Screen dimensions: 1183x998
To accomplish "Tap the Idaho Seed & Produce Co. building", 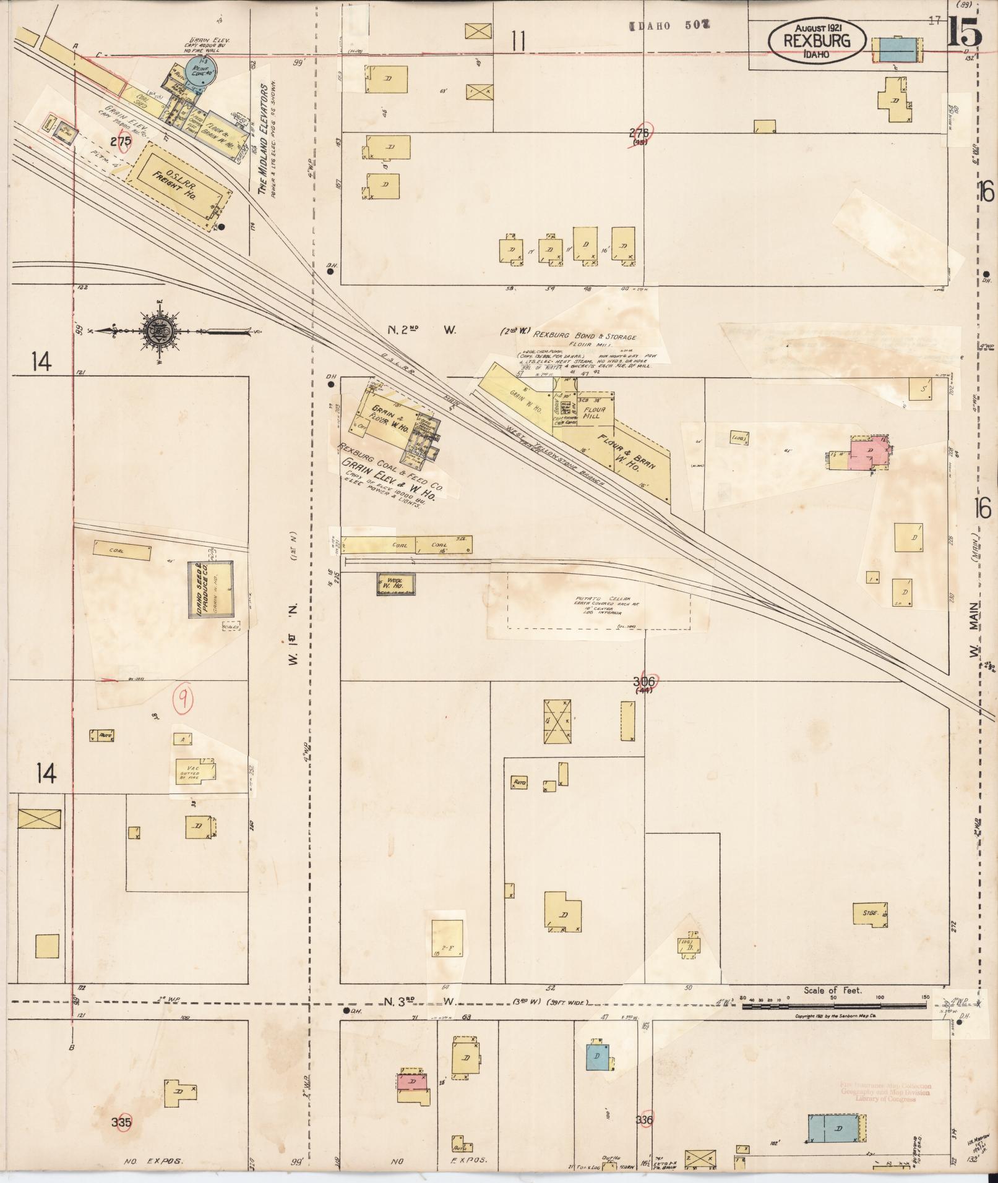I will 211,589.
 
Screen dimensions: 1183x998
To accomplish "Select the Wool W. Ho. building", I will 395,584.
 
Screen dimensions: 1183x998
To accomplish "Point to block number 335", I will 122,1121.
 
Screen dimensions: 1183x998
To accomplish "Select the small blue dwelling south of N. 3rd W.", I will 598,1057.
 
